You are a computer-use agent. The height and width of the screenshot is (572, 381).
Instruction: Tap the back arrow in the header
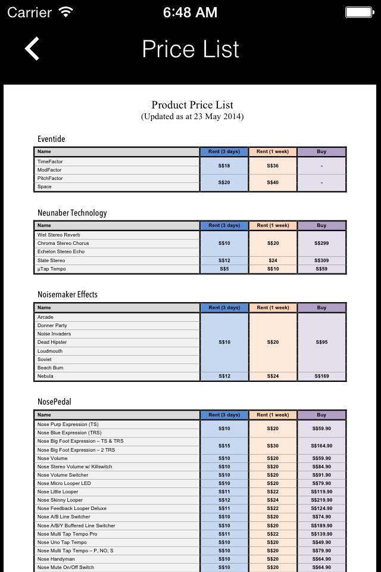click(32, 49)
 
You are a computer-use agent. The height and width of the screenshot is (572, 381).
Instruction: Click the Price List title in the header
click(190, 49)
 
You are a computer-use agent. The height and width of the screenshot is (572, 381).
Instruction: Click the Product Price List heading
click(192, 105)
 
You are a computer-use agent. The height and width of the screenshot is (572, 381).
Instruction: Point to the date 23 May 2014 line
click(192, 117)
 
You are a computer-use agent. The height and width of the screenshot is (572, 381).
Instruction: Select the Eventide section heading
click(51, 139)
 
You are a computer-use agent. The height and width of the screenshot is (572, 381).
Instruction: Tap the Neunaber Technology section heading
click(72, 213)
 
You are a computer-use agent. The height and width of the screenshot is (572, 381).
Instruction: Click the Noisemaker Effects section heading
click(67, 294)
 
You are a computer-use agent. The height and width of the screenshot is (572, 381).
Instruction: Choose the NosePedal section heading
click(54, 402)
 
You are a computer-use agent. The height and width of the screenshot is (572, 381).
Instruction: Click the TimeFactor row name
click(50, 161)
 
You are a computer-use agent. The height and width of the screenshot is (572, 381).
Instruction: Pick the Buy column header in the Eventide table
click(321, 151)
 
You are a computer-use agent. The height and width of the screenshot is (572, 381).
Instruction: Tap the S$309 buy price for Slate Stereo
click(321, 260)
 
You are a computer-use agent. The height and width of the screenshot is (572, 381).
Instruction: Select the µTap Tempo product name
click(51, 269)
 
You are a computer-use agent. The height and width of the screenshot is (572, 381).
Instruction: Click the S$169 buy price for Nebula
click(321, 376)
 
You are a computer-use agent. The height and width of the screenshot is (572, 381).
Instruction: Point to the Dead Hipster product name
click(52, 342)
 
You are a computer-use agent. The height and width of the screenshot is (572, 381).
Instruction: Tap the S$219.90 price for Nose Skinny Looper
click(321, 500)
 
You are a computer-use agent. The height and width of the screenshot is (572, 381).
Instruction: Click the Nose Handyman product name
click(56, 559)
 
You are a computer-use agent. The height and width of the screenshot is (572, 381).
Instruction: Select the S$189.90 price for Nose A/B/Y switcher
click(321, 526)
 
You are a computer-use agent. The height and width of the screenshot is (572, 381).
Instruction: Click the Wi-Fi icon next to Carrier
click(65, 12)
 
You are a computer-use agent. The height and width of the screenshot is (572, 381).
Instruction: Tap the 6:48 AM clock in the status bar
click(190, 12)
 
